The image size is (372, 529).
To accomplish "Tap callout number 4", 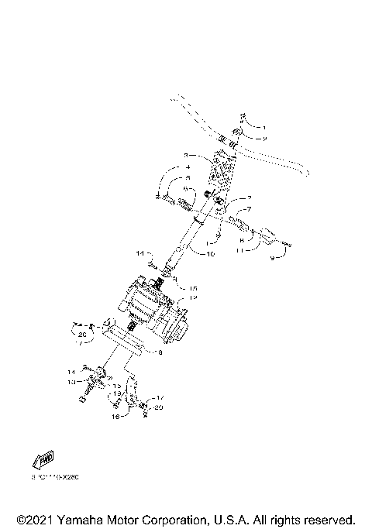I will pos(187,167).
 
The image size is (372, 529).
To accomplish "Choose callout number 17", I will pos(159,398).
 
